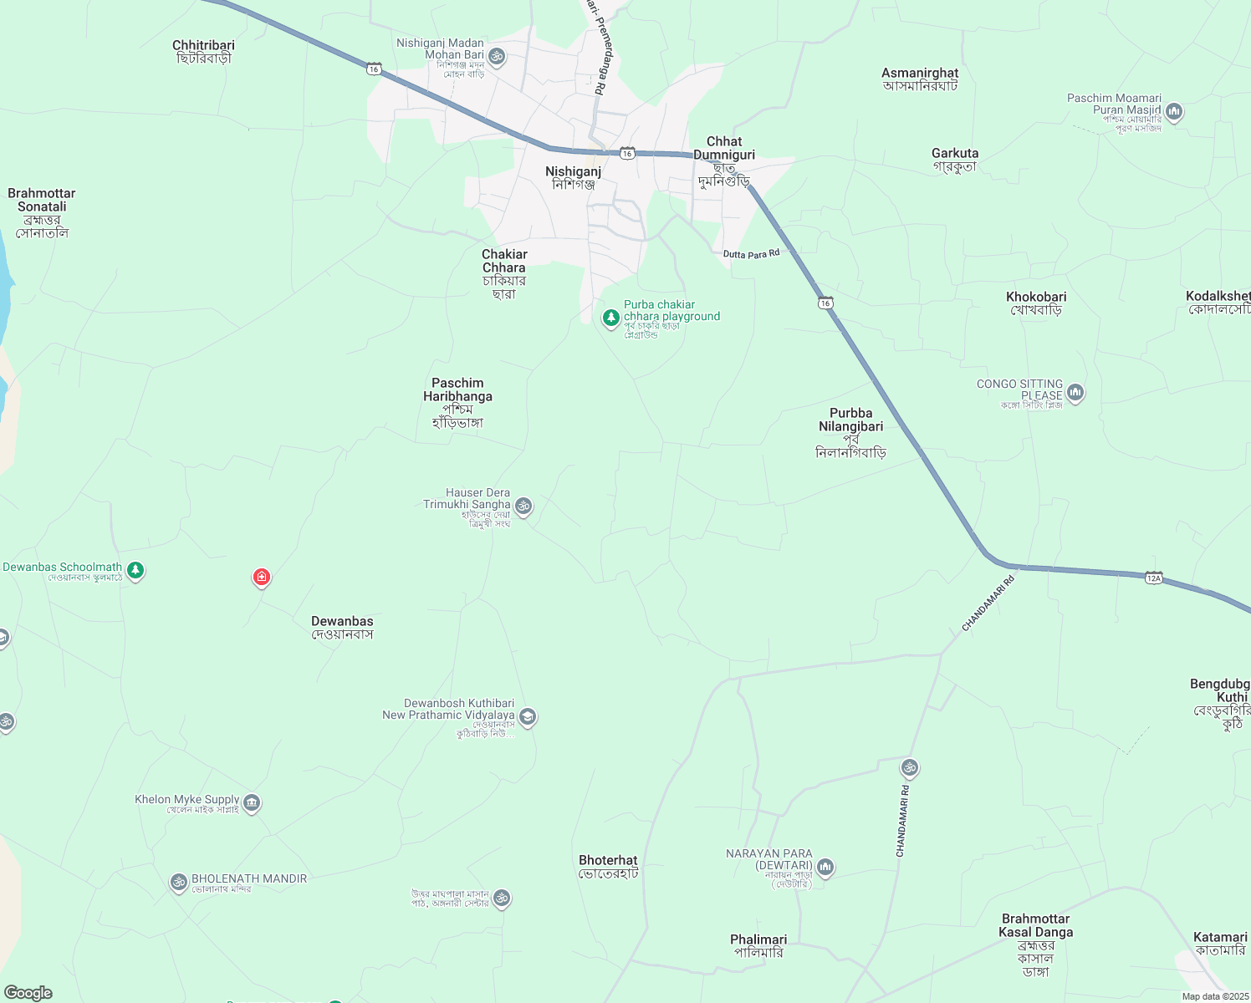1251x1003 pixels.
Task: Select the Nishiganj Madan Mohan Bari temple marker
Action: coord(497,56)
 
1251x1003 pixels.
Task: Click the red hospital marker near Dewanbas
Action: coord(262,577)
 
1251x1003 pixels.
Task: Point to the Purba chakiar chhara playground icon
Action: coord(611,318)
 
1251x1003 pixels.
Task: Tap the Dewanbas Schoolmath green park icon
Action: coord(135,571)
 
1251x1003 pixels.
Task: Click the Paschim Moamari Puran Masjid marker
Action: coord(1174,111)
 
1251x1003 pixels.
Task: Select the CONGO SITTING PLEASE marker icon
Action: coord(1075,391)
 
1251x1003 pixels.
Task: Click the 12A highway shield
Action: coord(1153,578)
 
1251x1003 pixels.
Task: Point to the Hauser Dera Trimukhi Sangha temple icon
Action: coord(523,506)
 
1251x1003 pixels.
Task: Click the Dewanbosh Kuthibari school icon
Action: coord(527,716)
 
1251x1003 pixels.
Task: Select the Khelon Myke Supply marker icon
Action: coord(252,803)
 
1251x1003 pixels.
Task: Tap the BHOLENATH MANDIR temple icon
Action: coord(178,882)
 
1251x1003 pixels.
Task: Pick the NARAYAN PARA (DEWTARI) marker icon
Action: coord(825,868)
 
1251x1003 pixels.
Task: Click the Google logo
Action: coord(28,993)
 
